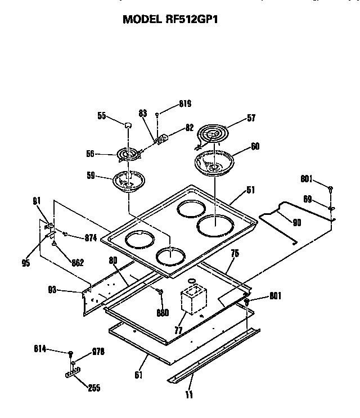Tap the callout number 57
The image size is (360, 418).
(x=250, y=118)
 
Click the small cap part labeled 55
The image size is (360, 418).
(x=128, y=125)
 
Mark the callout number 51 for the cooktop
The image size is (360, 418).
(x=250, y=190)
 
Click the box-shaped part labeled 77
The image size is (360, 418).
(x=192, y=302)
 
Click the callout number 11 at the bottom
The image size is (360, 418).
(x=189, y=395)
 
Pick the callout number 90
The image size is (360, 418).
(x=297, y=223)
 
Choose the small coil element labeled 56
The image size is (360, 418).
(x=128, y=154)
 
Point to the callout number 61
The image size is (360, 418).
(x=138, y=374)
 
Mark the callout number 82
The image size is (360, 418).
(x=190, y=128)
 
